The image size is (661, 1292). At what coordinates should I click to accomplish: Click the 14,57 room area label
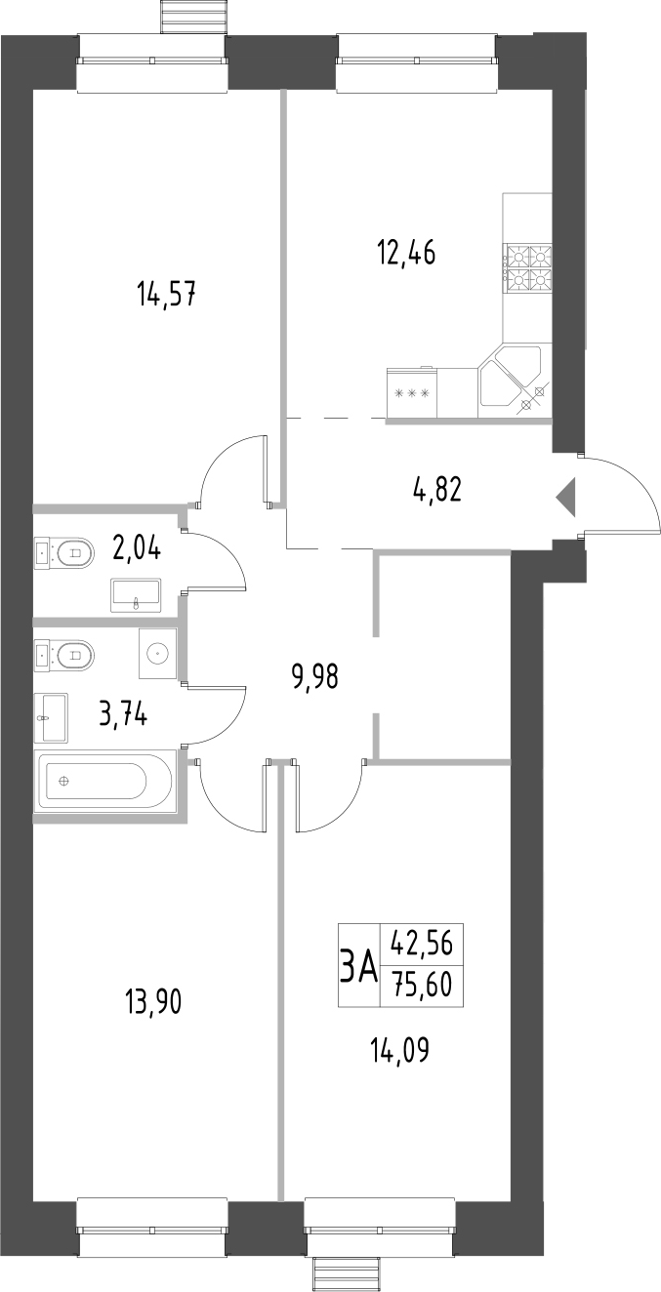tap(168, 294)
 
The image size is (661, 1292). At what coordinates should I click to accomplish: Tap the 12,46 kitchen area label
tap(405, 253)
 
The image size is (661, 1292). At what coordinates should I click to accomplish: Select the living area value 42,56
tap(422, 943)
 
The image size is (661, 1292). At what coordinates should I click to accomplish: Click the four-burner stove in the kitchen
tap(527, 267)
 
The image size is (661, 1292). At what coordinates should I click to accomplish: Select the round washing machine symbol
tap(156, 652)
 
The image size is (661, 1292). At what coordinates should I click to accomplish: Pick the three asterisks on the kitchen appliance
tap(411, 394)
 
